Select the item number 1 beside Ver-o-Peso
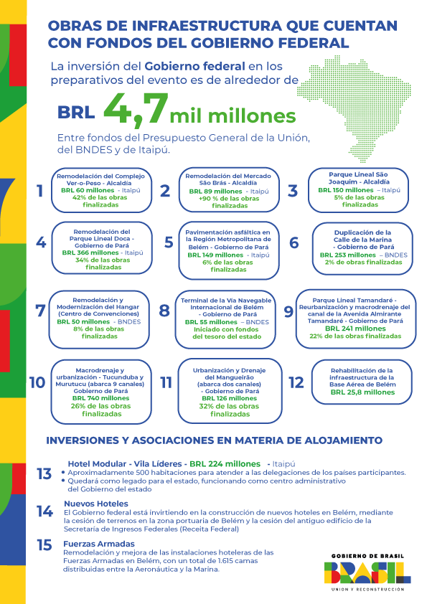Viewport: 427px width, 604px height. coord(40,191)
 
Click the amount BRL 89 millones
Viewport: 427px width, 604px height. coord(213,192)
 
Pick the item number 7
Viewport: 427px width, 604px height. coord(40,311)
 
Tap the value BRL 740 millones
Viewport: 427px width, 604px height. coord(91,398)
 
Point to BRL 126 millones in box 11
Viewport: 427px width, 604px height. coord(225,398)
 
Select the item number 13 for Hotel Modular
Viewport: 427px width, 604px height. coord(44,473)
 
